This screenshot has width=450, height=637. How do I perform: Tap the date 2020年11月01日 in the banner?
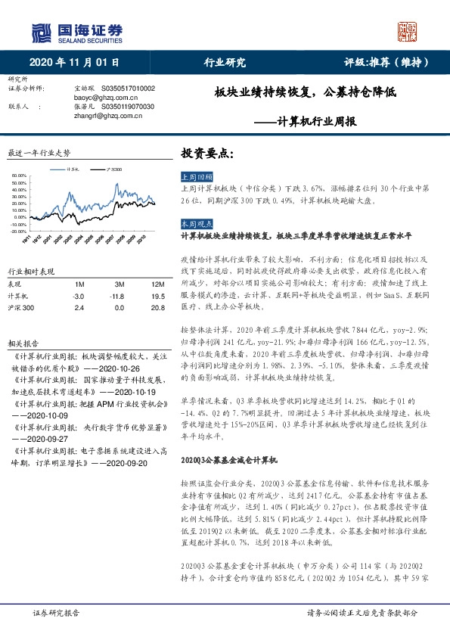(75, 62)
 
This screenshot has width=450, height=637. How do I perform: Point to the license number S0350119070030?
(127, 107)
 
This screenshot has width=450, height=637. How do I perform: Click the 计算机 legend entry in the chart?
(74, 169)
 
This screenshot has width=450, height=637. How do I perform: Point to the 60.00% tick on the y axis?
(20, 176)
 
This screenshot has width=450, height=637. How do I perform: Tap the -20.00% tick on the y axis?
(19, 231)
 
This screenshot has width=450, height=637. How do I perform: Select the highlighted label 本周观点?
(195, 225)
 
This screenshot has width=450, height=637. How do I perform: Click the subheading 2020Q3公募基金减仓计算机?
(230, 459)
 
